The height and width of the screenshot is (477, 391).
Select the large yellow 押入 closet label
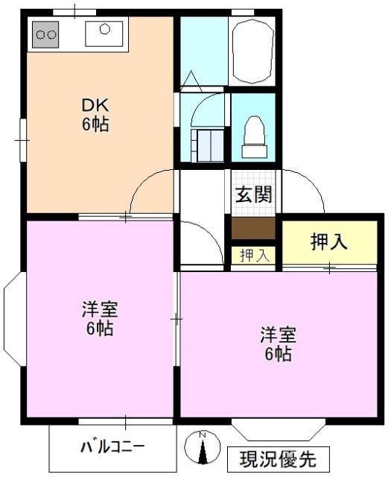(x=328, y=241)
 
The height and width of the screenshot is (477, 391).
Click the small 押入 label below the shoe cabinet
(x=254, y=255)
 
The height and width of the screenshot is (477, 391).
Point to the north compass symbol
(x=202, y=449)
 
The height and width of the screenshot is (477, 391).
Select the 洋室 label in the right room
(x=277, y=334)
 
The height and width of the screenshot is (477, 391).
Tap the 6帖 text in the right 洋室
(x=277, y=354)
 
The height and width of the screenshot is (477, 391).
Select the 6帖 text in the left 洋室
(x=99, y=329)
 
